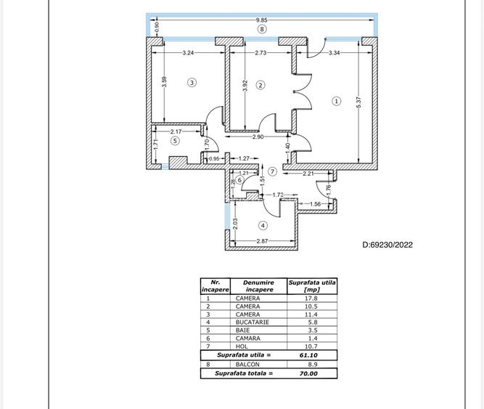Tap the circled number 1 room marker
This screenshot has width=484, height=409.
(x=336, y=101)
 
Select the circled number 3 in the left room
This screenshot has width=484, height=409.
(x=192, y=82)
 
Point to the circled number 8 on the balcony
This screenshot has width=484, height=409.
(x=262, y=30)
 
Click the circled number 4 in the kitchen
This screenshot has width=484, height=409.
(x=263, y=226)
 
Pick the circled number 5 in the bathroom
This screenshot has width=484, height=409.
(x=175, y=141)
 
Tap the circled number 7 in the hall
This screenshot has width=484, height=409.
(x=272, y=171)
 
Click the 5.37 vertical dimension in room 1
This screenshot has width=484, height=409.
(x=358, y=104)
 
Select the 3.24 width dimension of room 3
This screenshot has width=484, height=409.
(x=188, y=53)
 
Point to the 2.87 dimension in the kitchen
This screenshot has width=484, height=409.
(x=263, y=240)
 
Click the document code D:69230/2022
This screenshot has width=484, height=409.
(x=387, y=245)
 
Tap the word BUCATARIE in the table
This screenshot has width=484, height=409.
(x=250, y=321)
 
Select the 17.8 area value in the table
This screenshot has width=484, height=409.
(x=312, y=298)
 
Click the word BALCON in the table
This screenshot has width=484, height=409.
(x=246, y=364)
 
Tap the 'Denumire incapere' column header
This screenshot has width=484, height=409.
(x=259, y=286)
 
